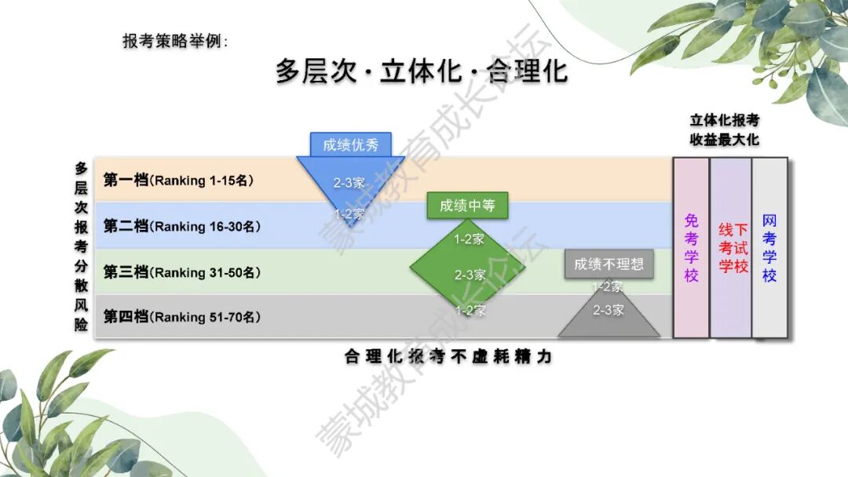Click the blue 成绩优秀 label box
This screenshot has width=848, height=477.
click(350, 145)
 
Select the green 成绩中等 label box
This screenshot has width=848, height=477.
click(467, 206)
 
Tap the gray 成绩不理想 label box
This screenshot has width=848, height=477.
click(609, 264)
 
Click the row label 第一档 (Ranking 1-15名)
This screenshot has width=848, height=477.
click(178, 180)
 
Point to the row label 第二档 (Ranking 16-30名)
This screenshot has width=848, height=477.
click(181, 226)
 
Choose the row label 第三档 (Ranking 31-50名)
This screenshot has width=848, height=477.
click(181, 271)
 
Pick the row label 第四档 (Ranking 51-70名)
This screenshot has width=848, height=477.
click(181, 316)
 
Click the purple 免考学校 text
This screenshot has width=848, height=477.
click(691, 248)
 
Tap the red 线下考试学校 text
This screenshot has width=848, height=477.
click(733, 248)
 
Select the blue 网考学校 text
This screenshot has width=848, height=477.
click(769, 248)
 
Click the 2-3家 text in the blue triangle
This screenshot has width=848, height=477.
click(349, 183)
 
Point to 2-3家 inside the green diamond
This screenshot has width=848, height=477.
click(470, 275)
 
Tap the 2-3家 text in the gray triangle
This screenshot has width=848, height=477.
click(609, 310)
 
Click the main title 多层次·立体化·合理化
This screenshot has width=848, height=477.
click(422, 71)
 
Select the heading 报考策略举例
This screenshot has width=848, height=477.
click(175, 41)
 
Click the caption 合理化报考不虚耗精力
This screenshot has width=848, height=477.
click(448, 356)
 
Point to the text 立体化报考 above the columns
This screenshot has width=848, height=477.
click(724, 120)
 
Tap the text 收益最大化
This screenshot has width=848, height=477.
click(724, 140)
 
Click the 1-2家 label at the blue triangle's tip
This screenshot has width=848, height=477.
click(349, 214)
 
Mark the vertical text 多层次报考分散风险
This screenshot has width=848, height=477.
click(81, 246)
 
